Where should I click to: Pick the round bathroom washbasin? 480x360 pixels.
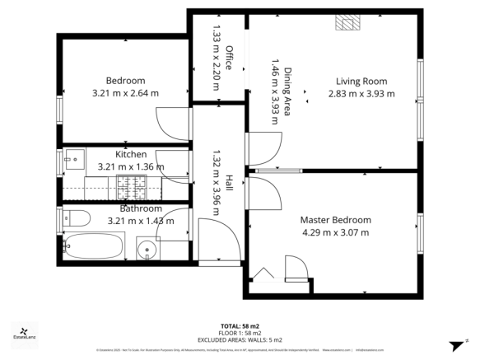click(x=147, y=248)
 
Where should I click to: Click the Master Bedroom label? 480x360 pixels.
click(x=335, y=220)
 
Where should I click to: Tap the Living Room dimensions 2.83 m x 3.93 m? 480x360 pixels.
click(x=365, y=93)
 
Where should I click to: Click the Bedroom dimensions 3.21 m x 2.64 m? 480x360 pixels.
click(x=125, y=92)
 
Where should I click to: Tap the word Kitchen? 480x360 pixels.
click(x=131, y=154)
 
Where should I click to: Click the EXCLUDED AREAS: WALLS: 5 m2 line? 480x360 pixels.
click(x=240, y=339)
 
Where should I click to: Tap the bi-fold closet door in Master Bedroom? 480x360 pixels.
click(x=263, y=274)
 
